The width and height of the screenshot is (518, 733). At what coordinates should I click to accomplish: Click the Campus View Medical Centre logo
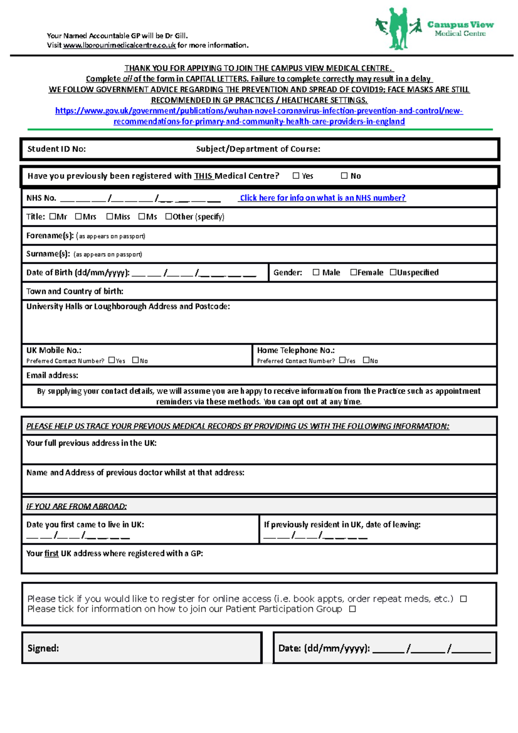click(434, 28)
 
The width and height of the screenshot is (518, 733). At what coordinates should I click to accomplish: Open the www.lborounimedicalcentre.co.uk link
click(119, 45)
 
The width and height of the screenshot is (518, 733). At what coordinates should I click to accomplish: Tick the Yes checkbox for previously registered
click(296, 176)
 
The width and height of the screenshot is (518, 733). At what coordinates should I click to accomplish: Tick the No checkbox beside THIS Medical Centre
click(344, 176)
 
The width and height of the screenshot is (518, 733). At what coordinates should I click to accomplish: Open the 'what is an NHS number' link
click(322, 198)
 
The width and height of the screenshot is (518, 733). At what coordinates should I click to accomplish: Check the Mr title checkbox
click(53, 217)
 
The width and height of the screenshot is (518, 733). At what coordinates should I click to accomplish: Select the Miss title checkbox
click(110, 217)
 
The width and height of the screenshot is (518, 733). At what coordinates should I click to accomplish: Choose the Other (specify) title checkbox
click(169, 217)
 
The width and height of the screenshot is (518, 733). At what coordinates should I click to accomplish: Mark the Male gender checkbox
click(316, 272)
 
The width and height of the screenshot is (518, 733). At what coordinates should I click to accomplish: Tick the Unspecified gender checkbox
click(393, 272)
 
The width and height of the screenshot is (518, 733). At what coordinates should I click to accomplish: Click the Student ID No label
click(57, 149)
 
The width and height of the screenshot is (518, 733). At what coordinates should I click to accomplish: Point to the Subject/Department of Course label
click(258, 149)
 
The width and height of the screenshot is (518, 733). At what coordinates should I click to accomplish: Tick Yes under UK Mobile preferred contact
click(112, 360)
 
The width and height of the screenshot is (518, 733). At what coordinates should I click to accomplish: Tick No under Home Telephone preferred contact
click(366, 360)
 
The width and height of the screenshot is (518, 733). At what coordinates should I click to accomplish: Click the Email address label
click(52, 376)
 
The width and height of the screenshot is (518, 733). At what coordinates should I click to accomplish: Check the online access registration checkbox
click(463, 599)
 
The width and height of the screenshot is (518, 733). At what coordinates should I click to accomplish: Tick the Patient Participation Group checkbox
click(352, 609)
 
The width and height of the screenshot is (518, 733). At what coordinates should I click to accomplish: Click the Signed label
click(43, 648)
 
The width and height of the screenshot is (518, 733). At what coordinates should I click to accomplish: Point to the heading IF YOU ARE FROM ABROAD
click(76, 506)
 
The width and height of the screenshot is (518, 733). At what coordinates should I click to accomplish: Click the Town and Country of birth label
click(75, 291)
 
